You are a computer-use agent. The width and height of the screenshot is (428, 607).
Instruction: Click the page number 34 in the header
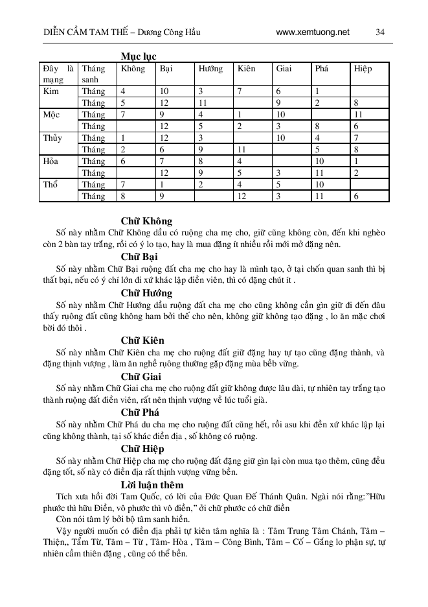[380, 32]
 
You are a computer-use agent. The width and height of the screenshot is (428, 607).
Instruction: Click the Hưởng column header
[210, 68]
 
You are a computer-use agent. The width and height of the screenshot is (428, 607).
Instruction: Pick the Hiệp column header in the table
[363, 68]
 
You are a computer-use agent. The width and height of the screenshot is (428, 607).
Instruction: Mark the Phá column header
[322, 68]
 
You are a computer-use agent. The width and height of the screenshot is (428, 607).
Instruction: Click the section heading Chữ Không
[146, 221]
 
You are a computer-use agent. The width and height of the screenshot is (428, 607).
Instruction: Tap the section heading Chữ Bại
[141, 257]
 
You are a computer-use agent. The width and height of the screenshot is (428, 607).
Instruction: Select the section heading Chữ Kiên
[142, 340]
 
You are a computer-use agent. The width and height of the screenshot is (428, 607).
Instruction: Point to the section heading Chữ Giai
[142, 376]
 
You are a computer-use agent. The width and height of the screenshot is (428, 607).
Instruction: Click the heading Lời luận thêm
[152, 484]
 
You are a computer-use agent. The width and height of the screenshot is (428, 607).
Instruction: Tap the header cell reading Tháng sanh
[94, 74]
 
